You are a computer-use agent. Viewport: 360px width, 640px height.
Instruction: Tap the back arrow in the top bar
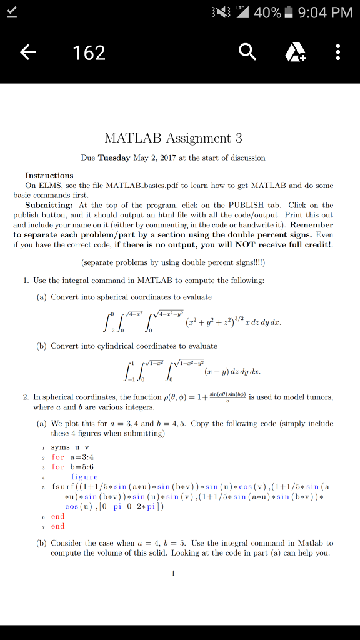(x=27, y=52)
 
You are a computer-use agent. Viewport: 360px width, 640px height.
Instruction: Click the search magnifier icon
(x=247, y=52)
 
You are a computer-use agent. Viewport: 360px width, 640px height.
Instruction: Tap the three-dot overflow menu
(x=338, y=52)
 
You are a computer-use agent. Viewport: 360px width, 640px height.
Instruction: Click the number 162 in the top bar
(x=89, y=52)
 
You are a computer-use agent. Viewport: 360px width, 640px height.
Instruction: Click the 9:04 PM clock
(x=326, y=12)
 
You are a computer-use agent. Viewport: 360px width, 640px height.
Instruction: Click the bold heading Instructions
(x=49, y=176)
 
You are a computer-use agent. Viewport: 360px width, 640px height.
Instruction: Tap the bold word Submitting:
(x=49, y=205)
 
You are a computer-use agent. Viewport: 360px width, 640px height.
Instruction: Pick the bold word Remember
(x=312, y=224)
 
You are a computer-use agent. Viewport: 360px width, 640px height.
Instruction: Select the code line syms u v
(x=69, y=447)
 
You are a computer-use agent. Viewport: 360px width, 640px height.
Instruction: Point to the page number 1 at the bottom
(x=173, y=573)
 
